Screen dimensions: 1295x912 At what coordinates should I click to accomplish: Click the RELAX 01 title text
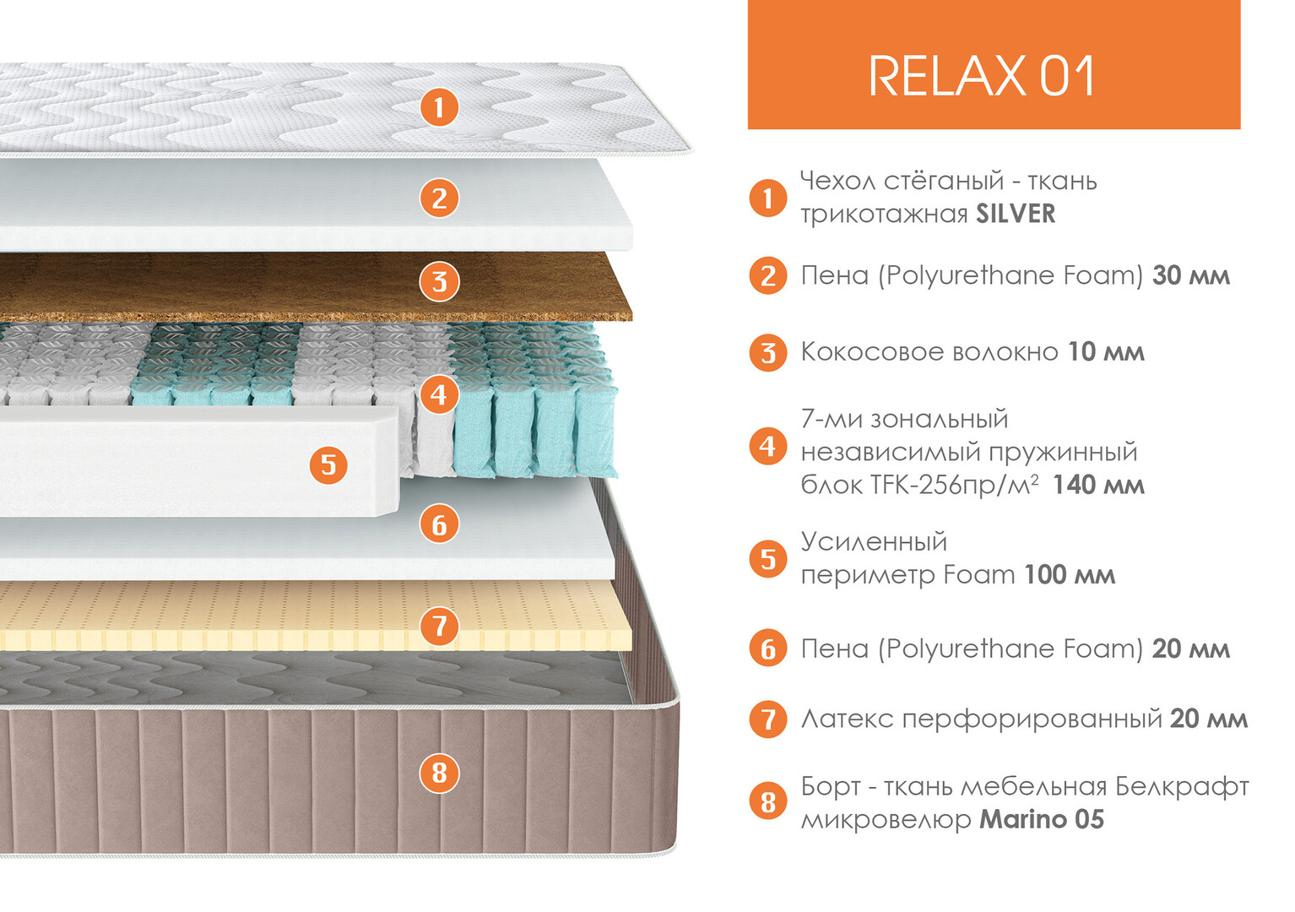982,76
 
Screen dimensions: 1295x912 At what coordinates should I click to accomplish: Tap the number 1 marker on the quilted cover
439,107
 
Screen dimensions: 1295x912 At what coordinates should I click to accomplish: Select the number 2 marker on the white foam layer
439,198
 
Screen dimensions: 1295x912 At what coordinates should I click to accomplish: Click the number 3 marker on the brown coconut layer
439,282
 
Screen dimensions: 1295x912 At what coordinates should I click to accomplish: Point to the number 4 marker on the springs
439,395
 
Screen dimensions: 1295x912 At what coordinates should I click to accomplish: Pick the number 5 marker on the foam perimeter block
328,465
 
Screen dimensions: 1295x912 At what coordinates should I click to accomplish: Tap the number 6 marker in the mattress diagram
439,524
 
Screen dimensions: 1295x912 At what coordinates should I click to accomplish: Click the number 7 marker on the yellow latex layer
439,626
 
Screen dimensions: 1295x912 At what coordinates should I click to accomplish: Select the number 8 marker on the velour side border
439,774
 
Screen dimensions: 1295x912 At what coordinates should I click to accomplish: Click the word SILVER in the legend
1016,214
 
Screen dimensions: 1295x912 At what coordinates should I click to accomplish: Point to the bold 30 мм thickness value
1191,276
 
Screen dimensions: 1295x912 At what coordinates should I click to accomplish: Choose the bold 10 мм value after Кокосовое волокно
1106,352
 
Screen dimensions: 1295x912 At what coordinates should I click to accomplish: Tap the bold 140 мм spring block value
1098,486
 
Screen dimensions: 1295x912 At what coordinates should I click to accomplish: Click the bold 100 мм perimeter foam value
1070,575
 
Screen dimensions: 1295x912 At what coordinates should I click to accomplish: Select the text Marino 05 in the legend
1042,819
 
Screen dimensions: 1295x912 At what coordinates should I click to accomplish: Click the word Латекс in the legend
848,719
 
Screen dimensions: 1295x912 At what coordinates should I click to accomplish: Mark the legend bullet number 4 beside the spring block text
767,447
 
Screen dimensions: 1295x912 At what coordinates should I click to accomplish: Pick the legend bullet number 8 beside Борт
767,802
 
